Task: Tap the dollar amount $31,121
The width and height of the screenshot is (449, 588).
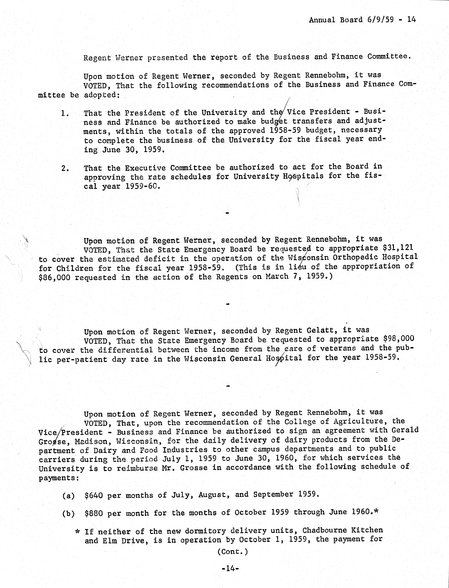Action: coord(398,248)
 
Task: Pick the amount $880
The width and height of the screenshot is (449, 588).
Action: coord(94,514)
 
